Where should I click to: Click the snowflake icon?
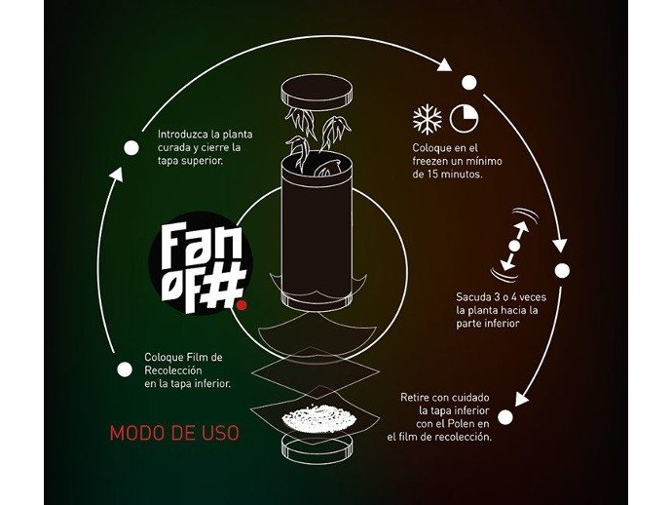point(427,119)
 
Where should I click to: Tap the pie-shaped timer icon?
point(463,118)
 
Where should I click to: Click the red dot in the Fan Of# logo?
point(242,303)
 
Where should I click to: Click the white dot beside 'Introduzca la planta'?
point(131,148)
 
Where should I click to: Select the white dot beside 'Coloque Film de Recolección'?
point(124,369)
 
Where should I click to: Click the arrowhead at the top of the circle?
point(446,66)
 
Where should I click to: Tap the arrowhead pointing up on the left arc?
point(115,175)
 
